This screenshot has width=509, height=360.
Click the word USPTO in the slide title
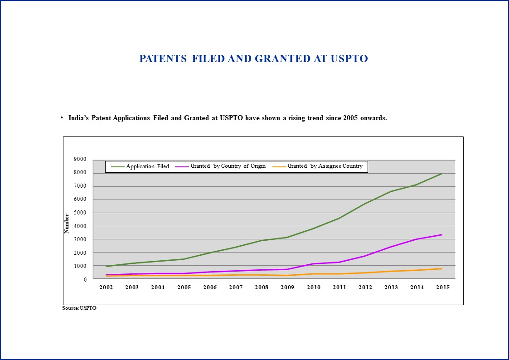349,58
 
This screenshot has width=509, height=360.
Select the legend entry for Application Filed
140,166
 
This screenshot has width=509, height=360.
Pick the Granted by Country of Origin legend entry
220,166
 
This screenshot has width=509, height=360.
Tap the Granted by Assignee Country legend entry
317,166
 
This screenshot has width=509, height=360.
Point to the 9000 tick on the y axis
80,159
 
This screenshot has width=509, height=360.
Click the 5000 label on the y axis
80,213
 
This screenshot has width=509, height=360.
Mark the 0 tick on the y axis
85,279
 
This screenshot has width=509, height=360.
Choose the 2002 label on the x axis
106,287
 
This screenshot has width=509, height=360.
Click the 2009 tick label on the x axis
287,287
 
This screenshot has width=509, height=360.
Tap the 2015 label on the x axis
443,287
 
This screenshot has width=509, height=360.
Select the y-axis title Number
67,224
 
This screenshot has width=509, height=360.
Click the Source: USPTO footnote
79,308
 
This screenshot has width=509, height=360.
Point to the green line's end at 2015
442,174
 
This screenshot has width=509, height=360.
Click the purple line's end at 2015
442,235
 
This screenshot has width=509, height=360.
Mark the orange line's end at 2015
442,268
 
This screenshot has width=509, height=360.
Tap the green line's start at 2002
107,267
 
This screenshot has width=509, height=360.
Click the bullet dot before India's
62,117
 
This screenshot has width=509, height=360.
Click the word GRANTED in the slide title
282,58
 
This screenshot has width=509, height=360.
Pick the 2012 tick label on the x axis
365,287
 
